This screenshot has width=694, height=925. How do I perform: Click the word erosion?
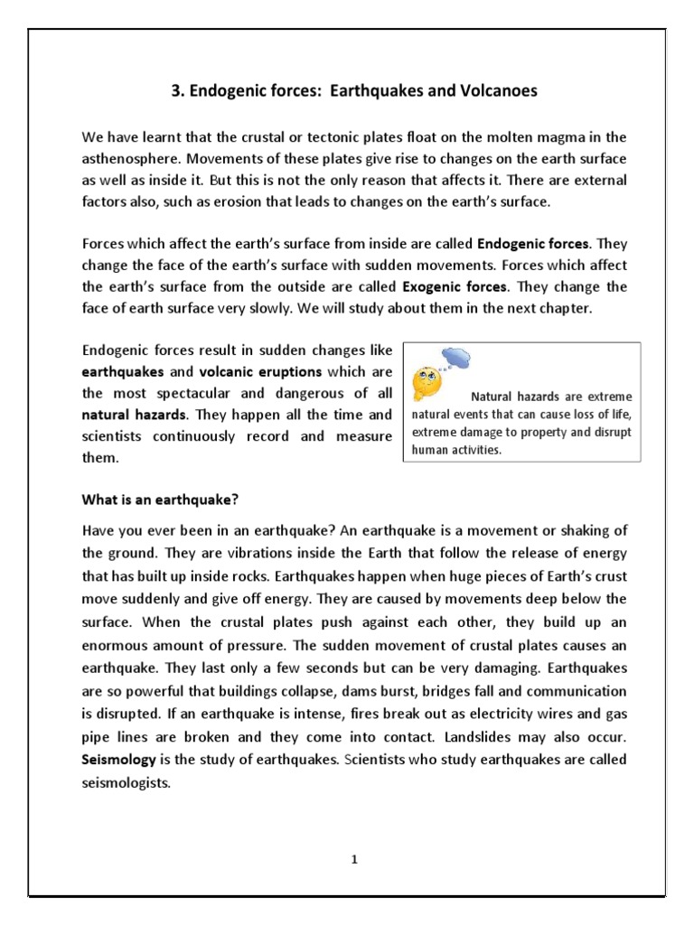[x=240, y=202]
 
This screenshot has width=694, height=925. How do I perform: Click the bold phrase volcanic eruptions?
[x=261, y=371]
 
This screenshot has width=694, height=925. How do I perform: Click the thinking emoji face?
[x=427, y=383]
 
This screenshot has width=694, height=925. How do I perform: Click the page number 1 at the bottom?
[x=356, y=860]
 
